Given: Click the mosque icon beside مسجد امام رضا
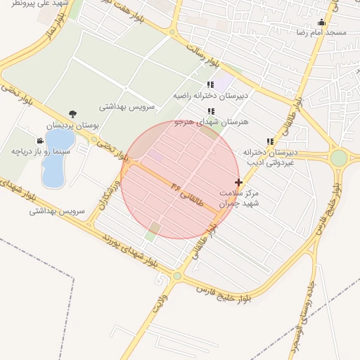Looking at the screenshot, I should (322, 22).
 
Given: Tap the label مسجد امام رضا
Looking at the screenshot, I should (321, 33).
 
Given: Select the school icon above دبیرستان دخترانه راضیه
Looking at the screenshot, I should (210, 84).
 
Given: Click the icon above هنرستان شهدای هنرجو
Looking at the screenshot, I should (210, 111).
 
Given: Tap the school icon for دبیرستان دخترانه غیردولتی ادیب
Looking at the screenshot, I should (270, 141).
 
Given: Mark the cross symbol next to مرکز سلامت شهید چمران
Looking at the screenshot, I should (239, 183).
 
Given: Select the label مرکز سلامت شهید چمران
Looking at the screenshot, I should (239, 197).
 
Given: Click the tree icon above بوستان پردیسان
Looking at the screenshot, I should (72, 114).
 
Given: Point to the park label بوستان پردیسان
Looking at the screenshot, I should (74, 124).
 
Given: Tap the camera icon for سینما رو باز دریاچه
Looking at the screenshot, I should (40, 141).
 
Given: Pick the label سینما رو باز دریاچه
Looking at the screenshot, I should (41, 151).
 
